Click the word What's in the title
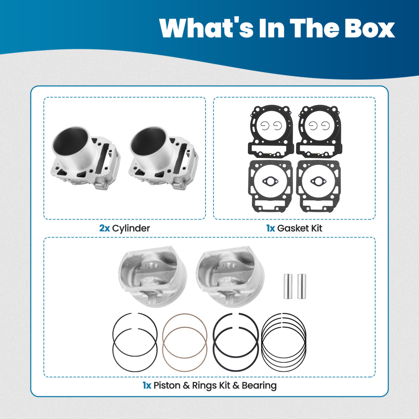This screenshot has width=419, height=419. (x=204, y=28)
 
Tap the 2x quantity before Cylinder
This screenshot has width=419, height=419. (x=104, y=228)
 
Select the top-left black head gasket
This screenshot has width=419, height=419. (x=270, y=130)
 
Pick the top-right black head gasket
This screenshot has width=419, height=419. (x=318, y=130)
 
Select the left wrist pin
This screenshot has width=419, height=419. (x=287, y=286)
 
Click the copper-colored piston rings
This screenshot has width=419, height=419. (x=185, y=335)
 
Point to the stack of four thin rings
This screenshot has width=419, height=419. (x=284, y=335)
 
